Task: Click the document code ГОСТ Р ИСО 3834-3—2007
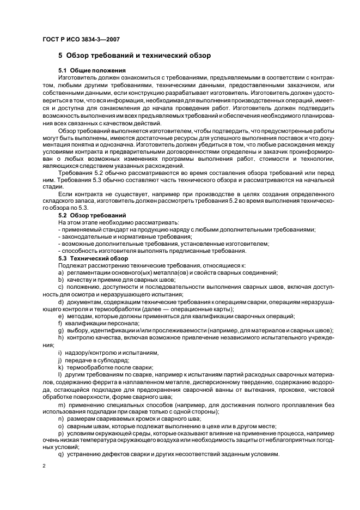tap(81, 40)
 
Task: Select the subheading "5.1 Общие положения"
tap(92, 71)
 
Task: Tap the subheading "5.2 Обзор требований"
tap(92, 216)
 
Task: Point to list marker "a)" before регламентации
tap(60, 272)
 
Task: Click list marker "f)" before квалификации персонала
tap(60, 323)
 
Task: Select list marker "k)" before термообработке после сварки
tap(60, 367)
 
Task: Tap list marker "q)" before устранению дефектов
tap(60, 454)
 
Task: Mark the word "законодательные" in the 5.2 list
tap(84, 236)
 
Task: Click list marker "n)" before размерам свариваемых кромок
tap(60, 418)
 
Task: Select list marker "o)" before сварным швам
tap(60, 426)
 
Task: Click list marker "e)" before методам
tap(60, 316)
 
